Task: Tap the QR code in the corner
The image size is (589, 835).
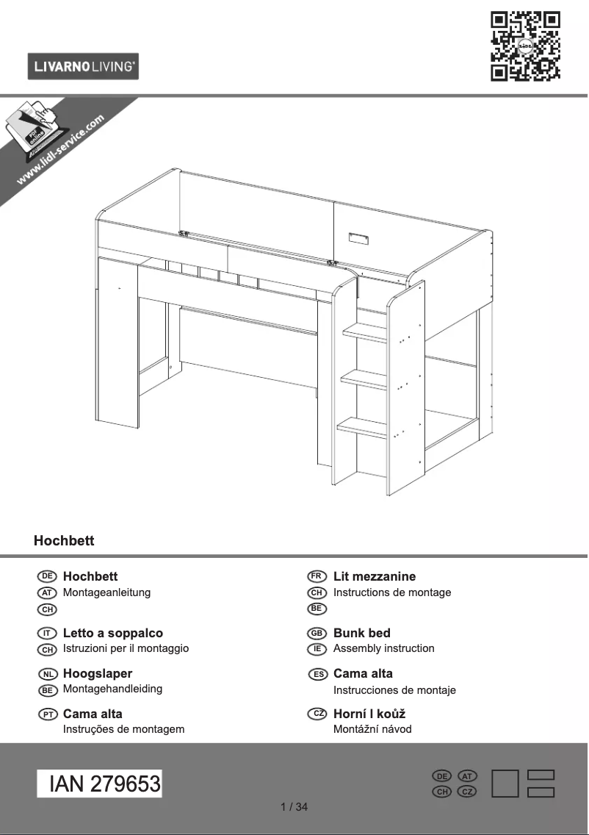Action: (525, 46)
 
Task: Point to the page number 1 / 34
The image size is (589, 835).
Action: (294, 807)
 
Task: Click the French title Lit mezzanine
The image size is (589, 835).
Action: (374, 576)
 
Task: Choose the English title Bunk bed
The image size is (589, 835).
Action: (361, 633)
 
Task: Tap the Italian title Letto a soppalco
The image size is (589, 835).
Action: (113, 633)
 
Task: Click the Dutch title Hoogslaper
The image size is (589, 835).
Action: (98, 673)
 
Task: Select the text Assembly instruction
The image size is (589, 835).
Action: (383, 648)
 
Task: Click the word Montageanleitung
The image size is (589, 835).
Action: (106, 592)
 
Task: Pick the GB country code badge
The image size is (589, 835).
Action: (317, 633)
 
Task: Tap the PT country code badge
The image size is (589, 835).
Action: (47, 714)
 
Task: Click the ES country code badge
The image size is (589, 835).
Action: (317, 674)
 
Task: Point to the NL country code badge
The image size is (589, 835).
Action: (47, 674)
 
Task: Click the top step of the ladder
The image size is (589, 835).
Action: (365, 333)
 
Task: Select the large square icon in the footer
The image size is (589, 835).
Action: (505, 784)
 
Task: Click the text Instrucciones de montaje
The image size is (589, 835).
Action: (394, 690)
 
